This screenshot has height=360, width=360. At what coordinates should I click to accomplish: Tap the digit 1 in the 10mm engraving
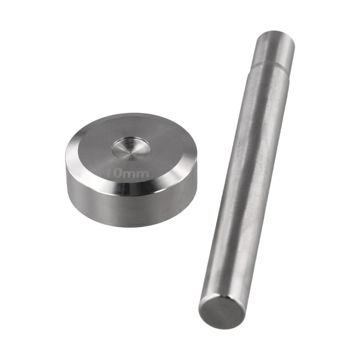(x=108, y=173)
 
